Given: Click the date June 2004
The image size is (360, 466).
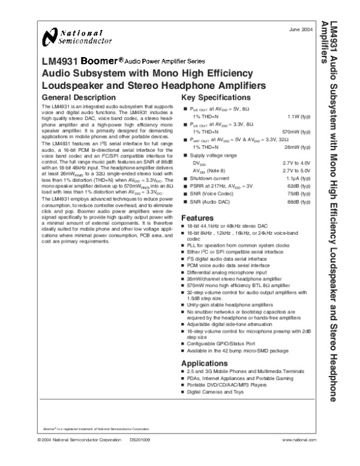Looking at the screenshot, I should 300,29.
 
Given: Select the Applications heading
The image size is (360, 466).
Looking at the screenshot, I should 205,364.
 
